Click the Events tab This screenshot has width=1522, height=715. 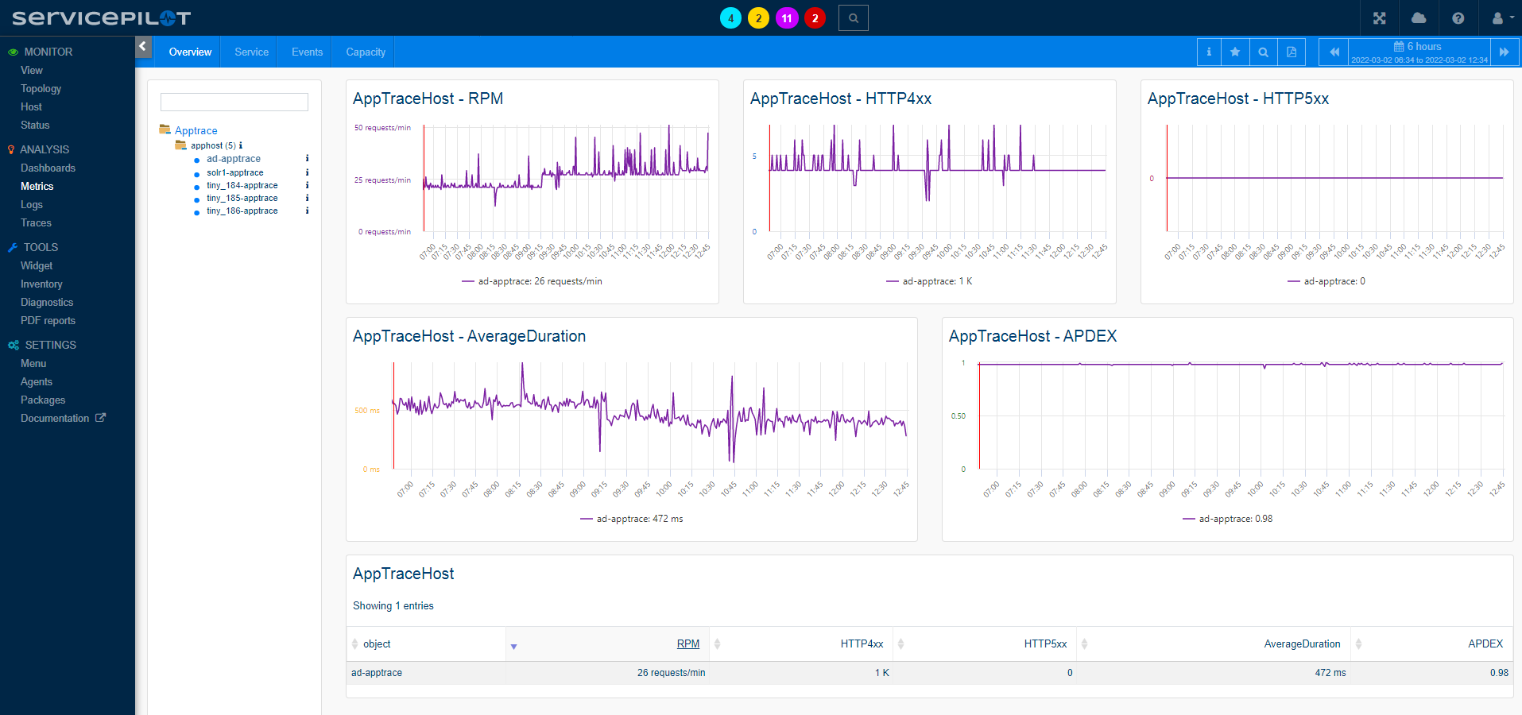(307, 52)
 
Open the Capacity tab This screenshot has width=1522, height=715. (365, 52)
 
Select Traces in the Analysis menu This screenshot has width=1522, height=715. (36, 223)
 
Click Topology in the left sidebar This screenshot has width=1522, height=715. (41, 89)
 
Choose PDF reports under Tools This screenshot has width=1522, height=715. (48, 321)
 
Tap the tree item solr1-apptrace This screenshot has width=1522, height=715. (234, 172)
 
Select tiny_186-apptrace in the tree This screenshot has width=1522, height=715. (242, 211)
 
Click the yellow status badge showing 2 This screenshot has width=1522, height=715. (758, 18)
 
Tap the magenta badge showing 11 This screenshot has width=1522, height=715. (786, 18)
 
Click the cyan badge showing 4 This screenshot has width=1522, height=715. (730, 18)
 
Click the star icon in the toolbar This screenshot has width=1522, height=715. (1234, 52)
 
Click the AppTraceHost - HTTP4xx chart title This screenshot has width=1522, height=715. (840, 99)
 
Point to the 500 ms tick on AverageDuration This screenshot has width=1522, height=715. (366, 411)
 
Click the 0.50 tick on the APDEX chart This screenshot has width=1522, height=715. (958, 416)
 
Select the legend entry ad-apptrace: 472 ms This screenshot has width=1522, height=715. (639, 519)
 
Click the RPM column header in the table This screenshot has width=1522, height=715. (687, 644)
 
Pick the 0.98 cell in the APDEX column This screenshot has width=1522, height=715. (1498, 673)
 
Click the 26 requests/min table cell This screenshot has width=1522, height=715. (670, 673)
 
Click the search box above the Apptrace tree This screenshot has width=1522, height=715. (234, 102)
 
